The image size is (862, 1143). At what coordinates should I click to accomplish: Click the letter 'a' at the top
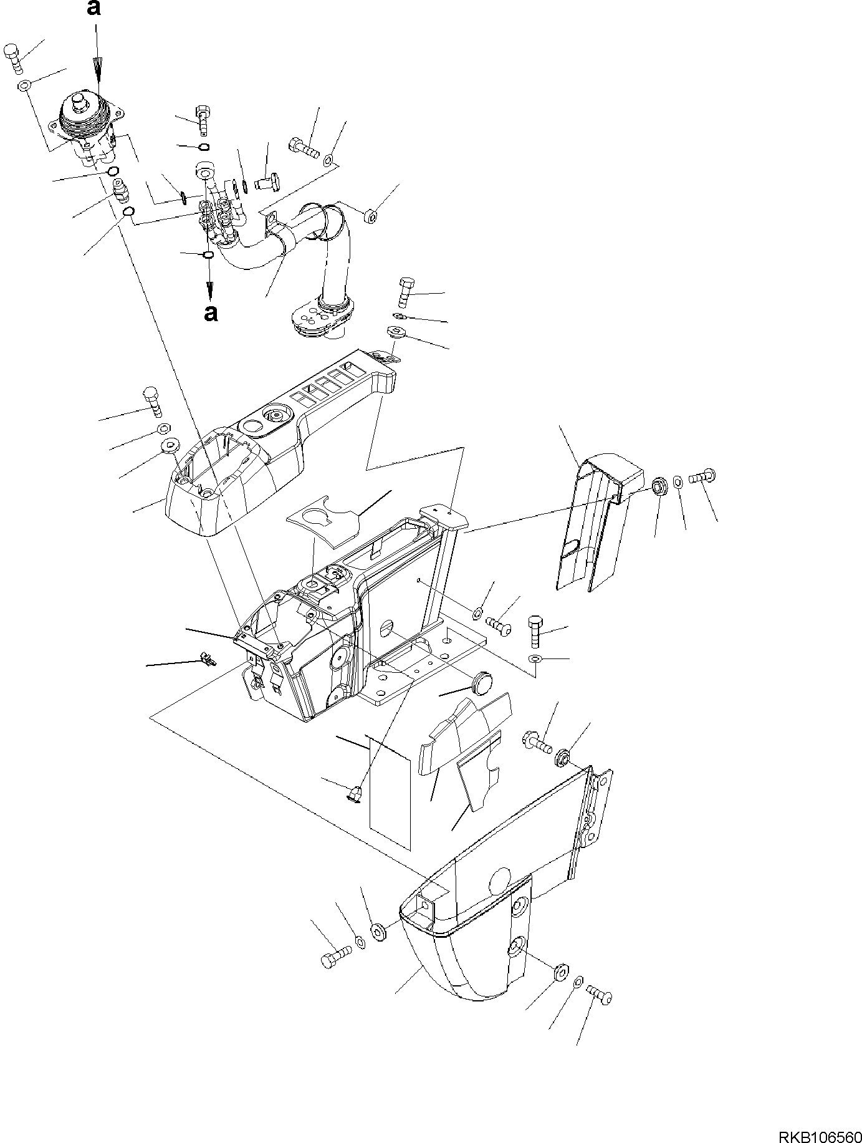point(93,8)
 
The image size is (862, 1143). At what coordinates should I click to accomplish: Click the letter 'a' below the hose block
point(211,312)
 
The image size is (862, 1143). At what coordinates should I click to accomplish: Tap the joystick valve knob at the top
point(80,100)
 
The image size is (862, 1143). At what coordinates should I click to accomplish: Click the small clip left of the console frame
point(208,658)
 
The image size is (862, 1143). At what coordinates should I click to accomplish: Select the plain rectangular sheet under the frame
point(390,792)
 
